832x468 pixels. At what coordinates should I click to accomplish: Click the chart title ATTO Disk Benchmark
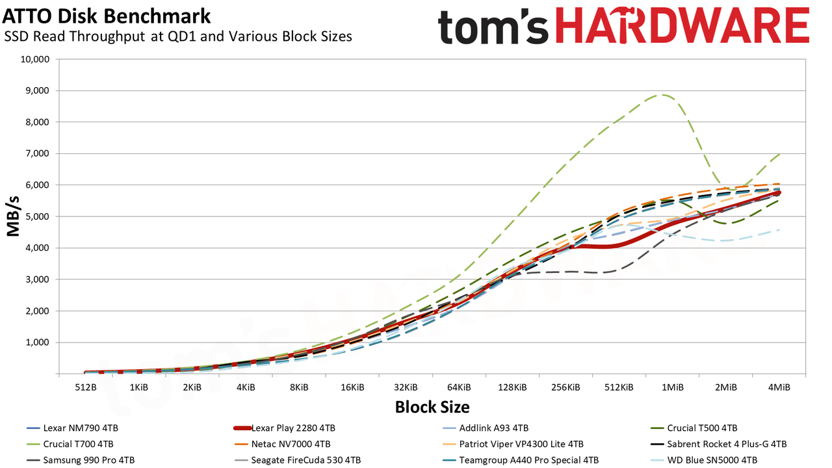tap(106, 17)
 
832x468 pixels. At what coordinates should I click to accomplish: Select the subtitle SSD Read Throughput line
tap(178, 36)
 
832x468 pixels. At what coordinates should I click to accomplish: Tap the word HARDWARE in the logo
tap(682, 26)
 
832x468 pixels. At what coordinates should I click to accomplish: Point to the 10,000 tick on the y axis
tap(35, 59)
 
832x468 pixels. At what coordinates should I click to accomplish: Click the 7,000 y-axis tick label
tap(37, 153)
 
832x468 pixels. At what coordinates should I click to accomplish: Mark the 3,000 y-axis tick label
tap(37, 279)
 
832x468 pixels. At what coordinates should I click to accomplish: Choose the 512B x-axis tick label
tap(86, 387)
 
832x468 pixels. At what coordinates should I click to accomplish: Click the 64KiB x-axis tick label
tap(459, 387)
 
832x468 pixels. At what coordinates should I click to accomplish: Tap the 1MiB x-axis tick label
tap(673, 387)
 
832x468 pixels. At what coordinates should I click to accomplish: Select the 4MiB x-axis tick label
tap(779, 387)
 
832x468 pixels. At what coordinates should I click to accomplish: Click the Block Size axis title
tap(432, 407)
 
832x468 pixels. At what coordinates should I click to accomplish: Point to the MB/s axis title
tap(13, 216)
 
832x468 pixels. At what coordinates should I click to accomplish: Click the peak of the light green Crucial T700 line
tap(662, 95)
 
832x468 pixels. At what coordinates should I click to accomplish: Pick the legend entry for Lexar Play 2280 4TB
tap(285, 428)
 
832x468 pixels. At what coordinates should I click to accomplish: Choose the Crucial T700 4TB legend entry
tap(70, 444)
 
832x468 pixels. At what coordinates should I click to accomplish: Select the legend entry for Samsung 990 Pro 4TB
tap(81, 460)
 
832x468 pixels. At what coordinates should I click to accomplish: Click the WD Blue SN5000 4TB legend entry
tap(704, 460)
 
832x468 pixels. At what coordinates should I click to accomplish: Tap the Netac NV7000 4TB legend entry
tap(282, 444)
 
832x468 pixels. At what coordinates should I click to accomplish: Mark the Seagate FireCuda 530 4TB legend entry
tap(298, 460)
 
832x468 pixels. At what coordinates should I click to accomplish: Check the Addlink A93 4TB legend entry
tap(486, 428)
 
